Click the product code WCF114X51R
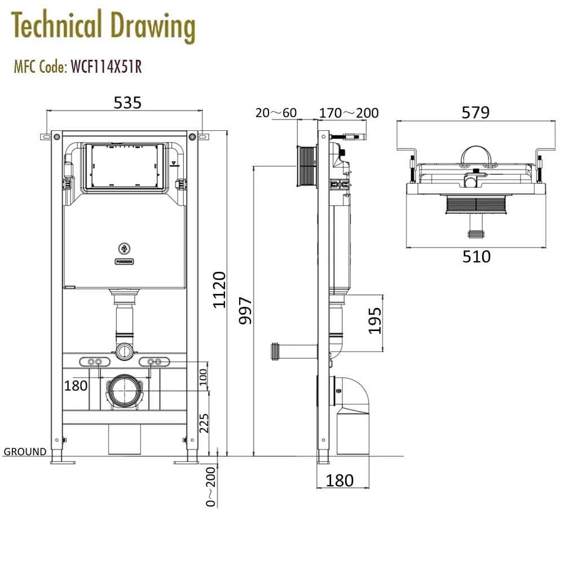[105, 67]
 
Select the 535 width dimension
[127, 102]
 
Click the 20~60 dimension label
[276, 113]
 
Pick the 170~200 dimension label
[349, 113]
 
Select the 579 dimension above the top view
[475, 112]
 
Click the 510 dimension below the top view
[477, 257]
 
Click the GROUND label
[25, 452]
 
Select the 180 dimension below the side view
[340, 481]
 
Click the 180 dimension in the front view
[76, 386]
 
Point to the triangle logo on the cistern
[124, 248]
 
